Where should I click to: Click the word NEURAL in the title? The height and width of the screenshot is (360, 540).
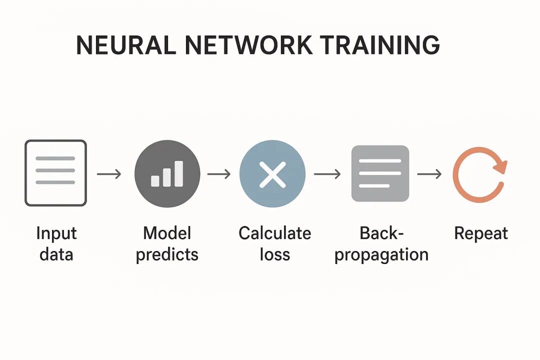click(x=125, y=45)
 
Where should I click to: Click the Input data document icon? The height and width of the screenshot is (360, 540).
click(x=55, y=173)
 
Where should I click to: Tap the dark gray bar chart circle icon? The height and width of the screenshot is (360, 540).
click(x=167, y=173)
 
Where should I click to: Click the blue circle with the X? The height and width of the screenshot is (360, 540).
click(x=272, y=173)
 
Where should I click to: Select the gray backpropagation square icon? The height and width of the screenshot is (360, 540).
click(x=380, y=173)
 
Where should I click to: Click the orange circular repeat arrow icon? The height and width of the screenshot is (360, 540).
click(x=479, y=173)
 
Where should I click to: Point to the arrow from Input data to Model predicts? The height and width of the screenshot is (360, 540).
click(x=109, y=174)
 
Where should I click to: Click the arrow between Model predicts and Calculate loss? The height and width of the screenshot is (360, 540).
click(x=219, y=174)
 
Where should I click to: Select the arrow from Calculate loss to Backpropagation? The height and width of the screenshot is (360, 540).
click(x=327, y=174)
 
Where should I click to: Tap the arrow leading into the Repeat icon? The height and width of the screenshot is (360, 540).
click(x=429, y=174)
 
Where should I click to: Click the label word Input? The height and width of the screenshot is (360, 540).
click(x=56, y=234)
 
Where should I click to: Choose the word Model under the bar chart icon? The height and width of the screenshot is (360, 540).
click(x=167, y=233)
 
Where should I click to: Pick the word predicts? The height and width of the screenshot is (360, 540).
click(x=167, y=255)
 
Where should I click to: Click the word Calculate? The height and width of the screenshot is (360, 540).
click(x=274, y=233)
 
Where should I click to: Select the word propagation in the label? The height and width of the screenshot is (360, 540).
click(x=381, y=255)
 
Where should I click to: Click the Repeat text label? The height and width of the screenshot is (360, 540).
click(x=480, y=234)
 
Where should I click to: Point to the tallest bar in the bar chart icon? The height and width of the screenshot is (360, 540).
click(x=178, y=173)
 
